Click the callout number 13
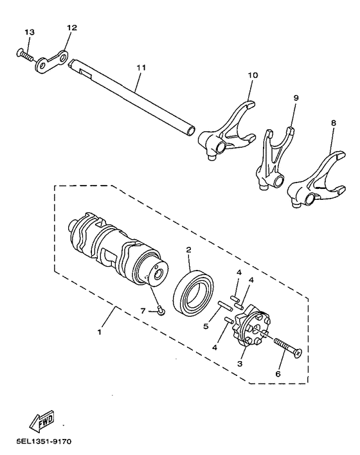click(x=30, y=32)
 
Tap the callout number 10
click(x=253, y=76)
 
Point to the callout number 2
click(x=189, y=249)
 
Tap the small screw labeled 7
click(x=161, y=312)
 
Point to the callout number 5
click(x=205, y=326)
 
